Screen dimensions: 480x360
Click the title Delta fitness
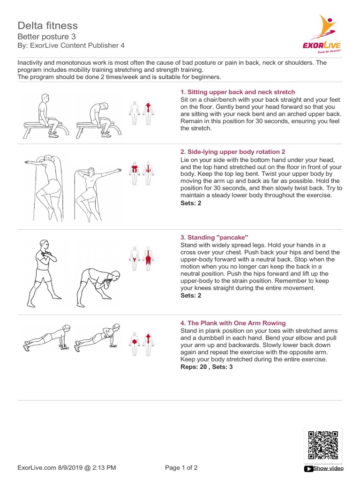click(x=48, y=25)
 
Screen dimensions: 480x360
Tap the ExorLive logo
click(x=322, y=35)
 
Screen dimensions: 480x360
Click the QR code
click(x=322, y=445)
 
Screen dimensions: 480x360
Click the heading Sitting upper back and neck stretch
click(x=238, y=92)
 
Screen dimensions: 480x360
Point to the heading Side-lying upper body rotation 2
click(x=233, y=152)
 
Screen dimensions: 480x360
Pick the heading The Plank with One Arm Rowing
click(x=233, y=323)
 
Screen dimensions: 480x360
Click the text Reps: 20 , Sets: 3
click(x=206, y=367)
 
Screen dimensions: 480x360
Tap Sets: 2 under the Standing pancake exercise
click(x=191, y=296)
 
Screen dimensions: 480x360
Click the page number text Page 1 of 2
click(x=182, y=467)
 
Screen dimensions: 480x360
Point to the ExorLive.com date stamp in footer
click(x=67, y=467)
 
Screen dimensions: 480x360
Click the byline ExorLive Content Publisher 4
click(x=71, y=45)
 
